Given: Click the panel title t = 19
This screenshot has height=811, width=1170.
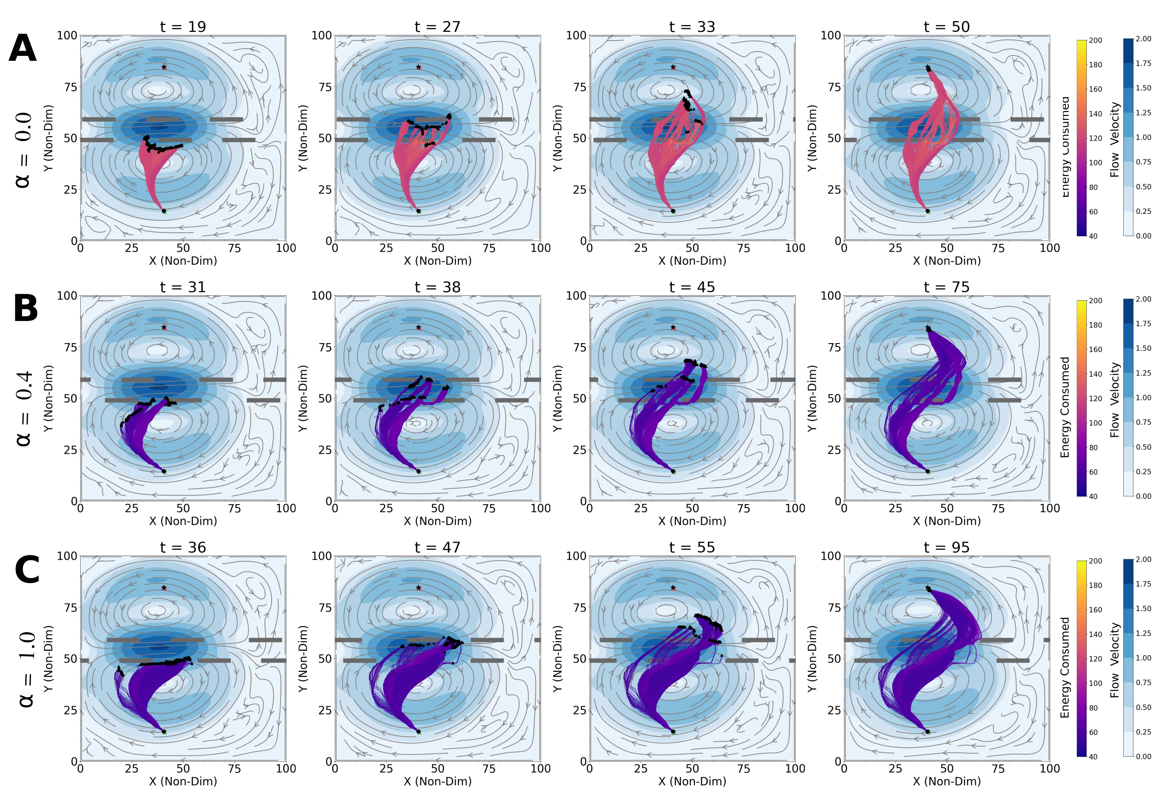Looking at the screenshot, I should tap(183, 27).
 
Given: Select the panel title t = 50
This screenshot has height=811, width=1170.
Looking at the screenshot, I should tap(946, 27).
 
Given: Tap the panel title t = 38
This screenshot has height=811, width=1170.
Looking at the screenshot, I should tap(437, 287).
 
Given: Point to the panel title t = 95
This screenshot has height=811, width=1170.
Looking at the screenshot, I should tap(946, 547).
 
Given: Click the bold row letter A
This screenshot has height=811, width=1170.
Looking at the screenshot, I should tap(23, 49).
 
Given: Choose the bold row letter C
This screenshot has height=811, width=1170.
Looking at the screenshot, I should tap(27, 570).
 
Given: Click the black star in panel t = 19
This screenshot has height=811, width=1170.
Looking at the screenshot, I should tap(164, 67).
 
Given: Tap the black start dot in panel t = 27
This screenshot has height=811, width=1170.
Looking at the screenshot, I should tap(419, 211).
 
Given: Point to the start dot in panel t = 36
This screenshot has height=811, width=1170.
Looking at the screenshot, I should tap(164, 732).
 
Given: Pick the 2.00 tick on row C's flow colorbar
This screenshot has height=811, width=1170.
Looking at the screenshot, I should tap(1143, 559).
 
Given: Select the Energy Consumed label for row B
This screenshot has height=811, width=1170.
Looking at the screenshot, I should tap(1065, 407).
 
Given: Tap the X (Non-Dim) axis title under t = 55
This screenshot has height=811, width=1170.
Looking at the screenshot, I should tap(692, 781).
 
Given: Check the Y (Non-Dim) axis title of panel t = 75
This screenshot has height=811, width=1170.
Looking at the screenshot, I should tap(812, 398).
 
